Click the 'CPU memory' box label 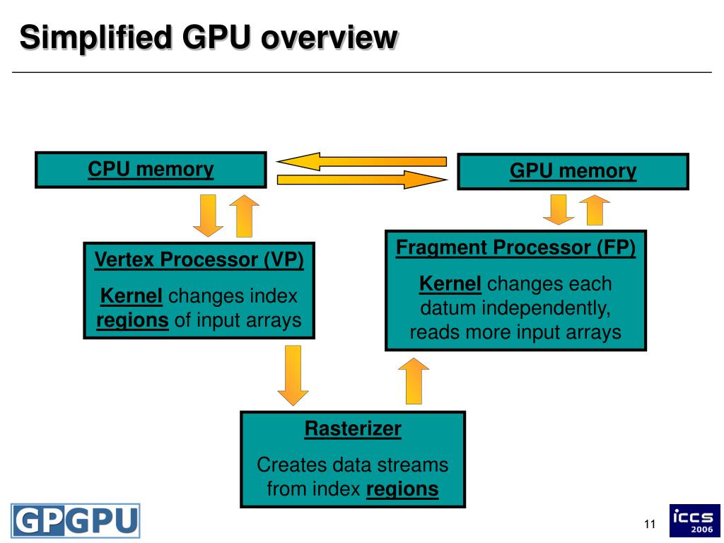point(151,169)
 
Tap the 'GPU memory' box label point(573,171)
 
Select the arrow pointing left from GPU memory point(361,161)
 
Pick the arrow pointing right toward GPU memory point(362,179)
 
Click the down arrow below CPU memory point(209,216)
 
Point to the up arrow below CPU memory point(244,216)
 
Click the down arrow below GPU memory point(559,209)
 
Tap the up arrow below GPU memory point(595,209)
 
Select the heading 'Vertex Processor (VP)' point(199,259)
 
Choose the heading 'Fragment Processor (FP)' point(515,247)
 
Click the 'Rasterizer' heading point(353,428)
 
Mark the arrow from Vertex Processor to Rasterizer point(293,375)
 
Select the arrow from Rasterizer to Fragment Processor point(414,381)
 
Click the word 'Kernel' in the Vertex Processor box point(131,296)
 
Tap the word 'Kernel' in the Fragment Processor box point(450,284)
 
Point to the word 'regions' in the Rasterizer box point(402,489)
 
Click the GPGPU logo point(75,521)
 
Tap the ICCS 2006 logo point(695,520)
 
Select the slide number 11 point(650,524)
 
